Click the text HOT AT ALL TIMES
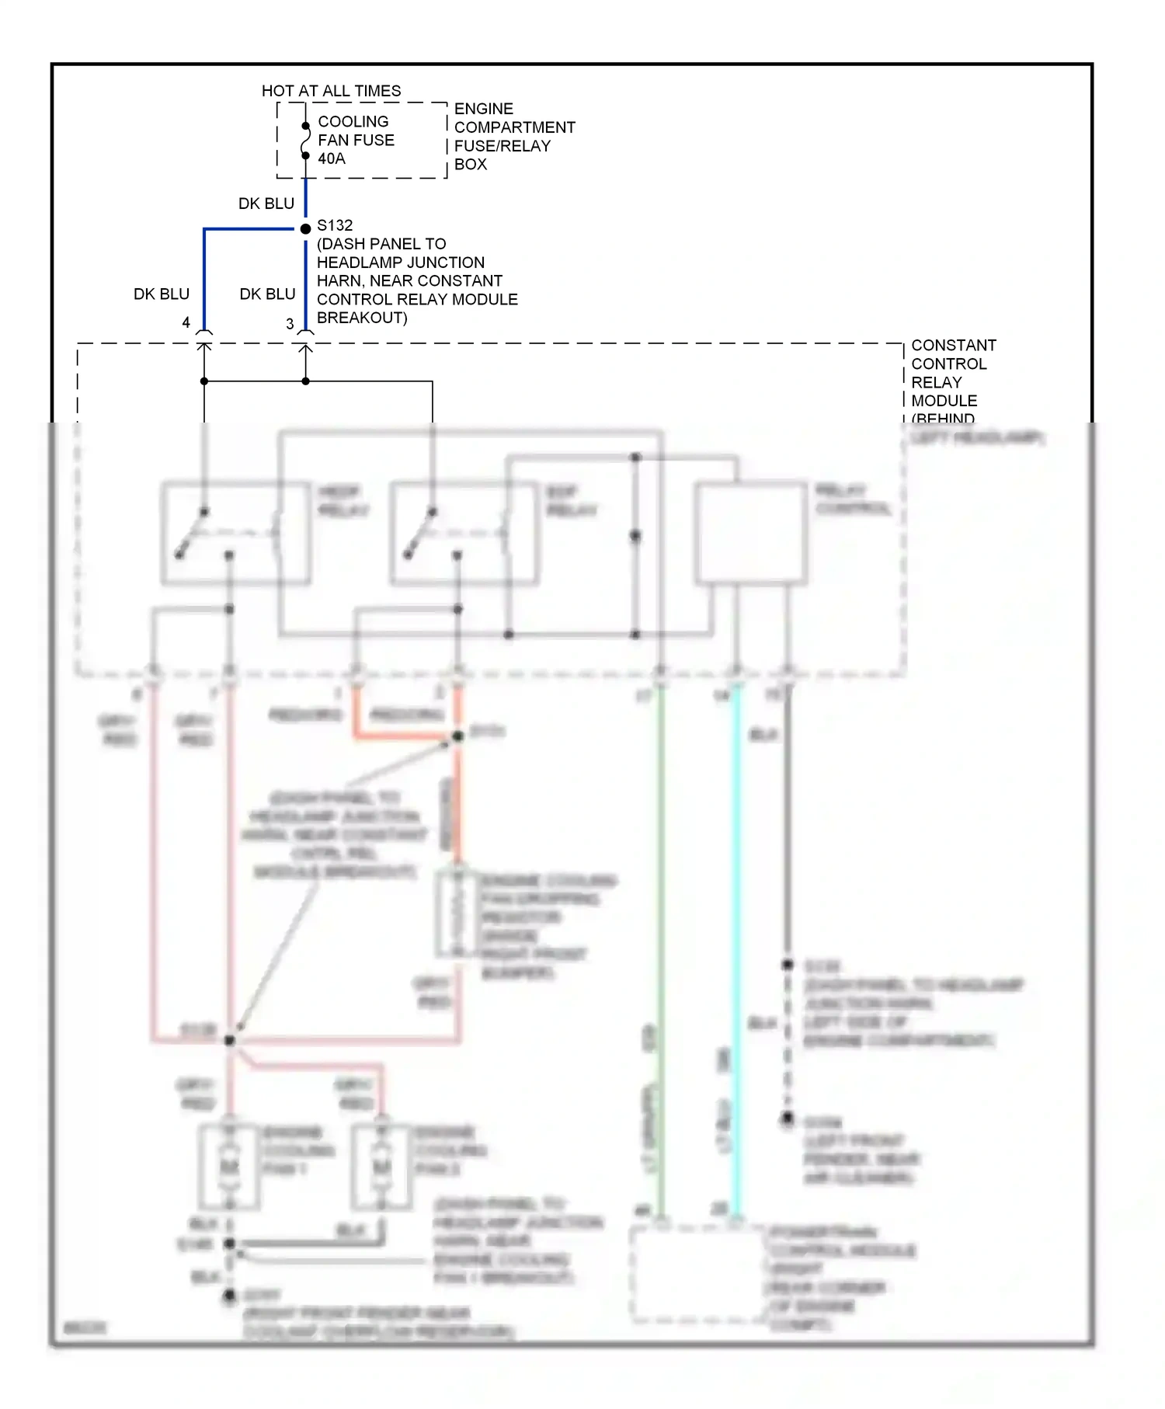pyautogui.click(x=331, y=91)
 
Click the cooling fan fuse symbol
pyautogui.click(x=305, y=141)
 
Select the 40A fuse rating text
pyautogui.click(x=332, y=158)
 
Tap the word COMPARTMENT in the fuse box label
pyautogui.click(x=514, y=127)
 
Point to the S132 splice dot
pyautogui.click(x=306, y=228)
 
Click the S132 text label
pyautogui.click(x=335, y=225)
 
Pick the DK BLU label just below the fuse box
pyautogui.click(x=266, y=204)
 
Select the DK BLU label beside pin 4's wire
pyautogui.click(x=162, y=294)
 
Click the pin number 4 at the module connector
pyautogui.click(x=186, y=322)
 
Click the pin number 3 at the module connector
pyautogui.click(x=290, y=324)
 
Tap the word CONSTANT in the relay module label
pyautogui.click(x=953, y=345)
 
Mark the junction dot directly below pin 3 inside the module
pyautogui.click(x=306, y=381)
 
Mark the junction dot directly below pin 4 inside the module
pyautogui.click(x=204, y=381)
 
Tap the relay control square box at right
pyautogui.click(x=750, y=533)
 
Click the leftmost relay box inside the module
pyautogui.click(x=235, y=533)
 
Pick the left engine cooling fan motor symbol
pyautogui.click(x=229, y=1167)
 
